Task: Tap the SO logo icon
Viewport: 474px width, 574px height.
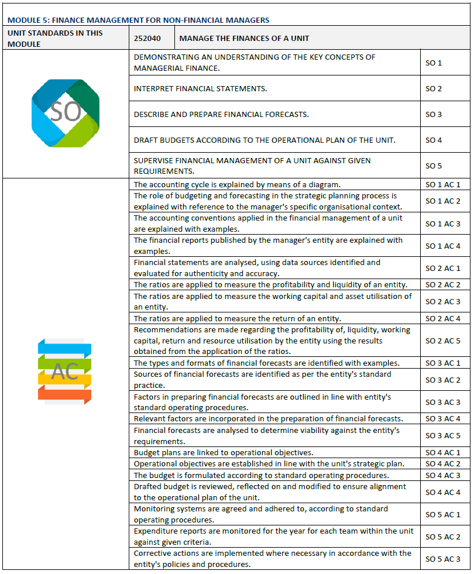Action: pyautogui.click(x=66, y=113)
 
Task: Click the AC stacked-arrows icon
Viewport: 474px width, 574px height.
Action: pyautogui.click(x=65, y=371)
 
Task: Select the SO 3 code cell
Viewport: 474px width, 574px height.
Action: pyautogui.click(x=434, y=114)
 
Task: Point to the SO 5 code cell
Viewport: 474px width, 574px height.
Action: pyautogui.click(x=434, y=166)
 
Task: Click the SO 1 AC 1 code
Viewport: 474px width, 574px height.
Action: pyautogui.click(x=443, y=184)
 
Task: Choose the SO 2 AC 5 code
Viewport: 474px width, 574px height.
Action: pyautogui.click(x=443, y=341)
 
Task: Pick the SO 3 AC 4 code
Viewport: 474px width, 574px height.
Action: pyautogui.click(x=443, y=418)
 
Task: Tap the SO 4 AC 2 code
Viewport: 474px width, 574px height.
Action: pyautogui.click(x=443, y=464)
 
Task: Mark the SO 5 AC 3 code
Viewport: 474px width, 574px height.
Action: pyautogui.click(x=443, y=559)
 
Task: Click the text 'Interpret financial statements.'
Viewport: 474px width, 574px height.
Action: pyautogui.click(x=200, y=89)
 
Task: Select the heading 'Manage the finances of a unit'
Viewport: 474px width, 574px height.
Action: pyautogui.click(x=244, y=39)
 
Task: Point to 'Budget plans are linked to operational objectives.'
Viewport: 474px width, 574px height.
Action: pyautogui.click(x=224, y=452)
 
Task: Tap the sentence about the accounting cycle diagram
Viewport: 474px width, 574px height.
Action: pyautogui.click(x=237, y=184)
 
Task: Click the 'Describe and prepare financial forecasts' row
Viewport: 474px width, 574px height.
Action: pyautogui.click(x=221, y=114)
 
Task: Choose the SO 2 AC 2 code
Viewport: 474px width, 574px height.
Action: pyautogui.click(x=443, y=285)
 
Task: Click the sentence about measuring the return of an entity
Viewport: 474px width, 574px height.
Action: pyautogui.click(x=237, y=319)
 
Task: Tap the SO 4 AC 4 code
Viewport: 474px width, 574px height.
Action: pyautogui.click(x=443, y=492)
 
